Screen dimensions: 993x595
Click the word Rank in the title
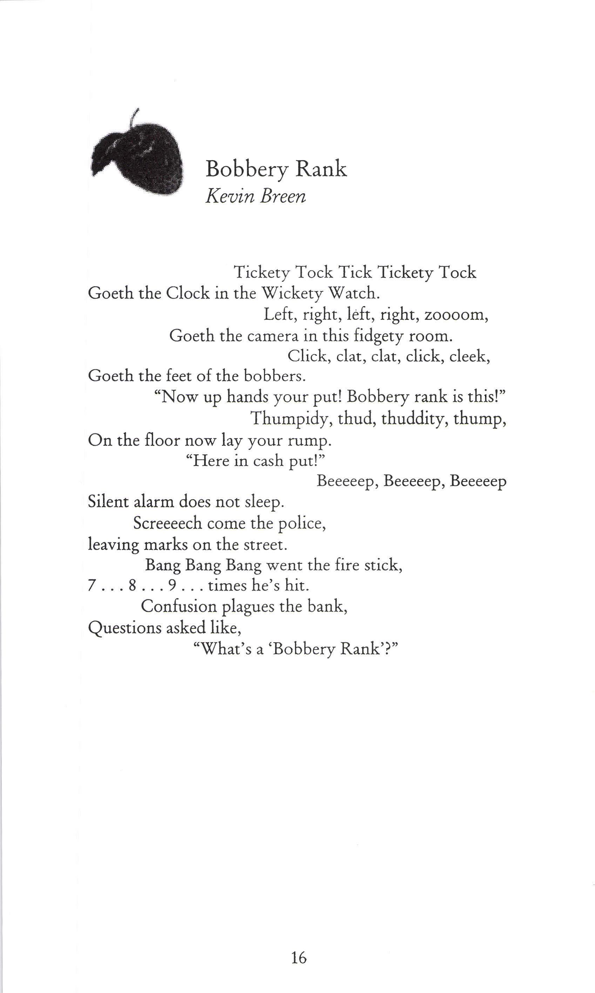[x=321, y=169]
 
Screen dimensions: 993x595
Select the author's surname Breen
[x=283, y=196]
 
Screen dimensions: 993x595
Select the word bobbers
[x=275, y=376]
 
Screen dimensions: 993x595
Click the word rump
[x=310, y=440]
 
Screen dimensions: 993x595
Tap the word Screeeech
[x=168, y=523]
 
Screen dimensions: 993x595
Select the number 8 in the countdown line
[x=132, y=586]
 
